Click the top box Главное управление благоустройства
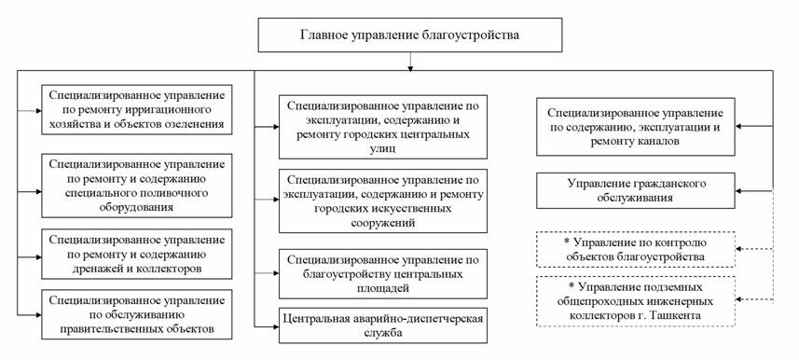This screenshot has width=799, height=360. pyautogui.click(x=409, y=35)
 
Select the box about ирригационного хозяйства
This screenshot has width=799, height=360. pyautogui.click(x=136, y=110)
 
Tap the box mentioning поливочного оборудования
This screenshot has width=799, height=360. pyautogui.click(x=136, y=186)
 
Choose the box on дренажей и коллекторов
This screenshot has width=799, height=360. pyautogui.click(x=136, y=254)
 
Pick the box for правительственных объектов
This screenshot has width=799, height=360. pyautogui.click(x=136, y=314)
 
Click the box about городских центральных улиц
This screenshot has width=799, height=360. pyautogui.click(x=383, y=127)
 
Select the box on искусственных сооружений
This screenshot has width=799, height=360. pyautogui.click(x=383, y=201)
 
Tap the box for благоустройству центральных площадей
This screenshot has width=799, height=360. pyautogui.click(x=383, y=274)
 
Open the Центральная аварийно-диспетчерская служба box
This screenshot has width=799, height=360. pyautogui.click(x=383, y=325)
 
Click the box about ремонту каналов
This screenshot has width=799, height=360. pyautogui.click(x=636, y=127)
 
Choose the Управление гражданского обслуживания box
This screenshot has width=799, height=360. pyautogui.click(x=636, y=190)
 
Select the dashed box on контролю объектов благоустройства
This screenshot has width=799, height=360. pyautogui.click(x=636, y=249)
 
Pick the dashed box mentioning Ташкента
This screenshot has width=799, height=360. pyautogui.click(x=636, y=301)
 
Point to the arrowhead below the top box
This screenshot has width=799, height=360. pyautogui.click(x=409, y=67)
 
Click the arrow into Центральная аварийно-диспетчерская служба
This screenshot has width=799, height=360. pyautogui.click(x=267, y=325)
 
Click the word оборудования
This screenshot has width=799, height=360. pyautogui.click(x=136, y=207)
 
